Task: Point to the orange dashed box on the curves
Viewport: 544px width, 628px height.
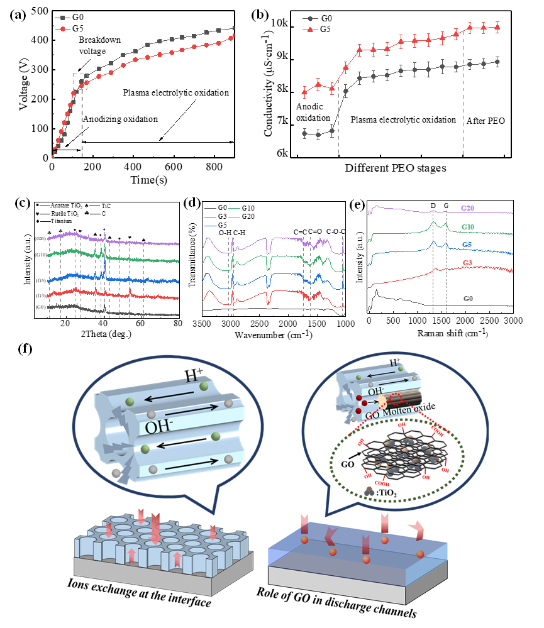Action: point(80,81)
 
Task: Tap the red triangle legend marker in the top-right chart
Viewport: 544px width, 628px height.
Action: point(309,29)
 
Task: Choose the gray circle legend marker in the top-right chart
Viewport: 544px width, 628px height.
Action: point(309,19)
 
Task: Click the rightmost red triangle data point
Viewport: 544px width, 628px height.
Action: point(497,27)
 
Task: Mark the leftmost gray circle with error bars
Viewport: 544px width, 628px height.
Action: point(305,133)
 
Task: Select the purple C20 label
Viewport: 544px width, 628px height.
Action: point(468,207)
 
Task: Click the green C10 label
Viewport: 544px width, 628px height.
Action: point(468,226)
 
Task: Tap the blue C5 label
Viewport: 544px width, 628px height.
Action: point(467,245)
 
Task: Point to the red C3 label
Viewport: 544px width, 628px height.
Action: point(467,263)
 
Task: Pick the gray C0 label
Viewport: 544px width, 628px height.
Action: point(468,298)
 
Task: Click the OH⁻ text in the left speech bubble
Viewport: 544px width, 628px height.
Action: point(158,427)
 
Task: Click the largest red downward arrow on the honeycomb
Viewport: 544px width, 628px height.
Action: point(155,527)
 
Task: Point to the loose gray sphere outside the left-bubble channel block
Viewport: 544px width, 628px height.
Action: point(116,472)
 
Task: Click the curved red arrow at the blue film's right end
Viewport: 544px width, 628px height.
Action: point(416,531)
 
